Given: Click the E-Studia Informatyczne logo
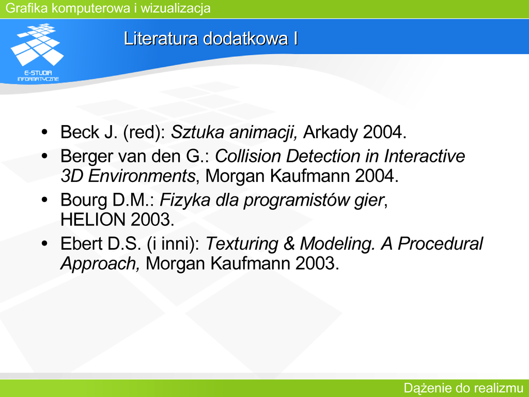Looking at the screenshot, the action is pyautogui.click(x=37, y=52).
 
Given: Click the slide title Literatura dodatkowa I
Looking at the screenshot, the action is pyautogui.click(x=211, y=38).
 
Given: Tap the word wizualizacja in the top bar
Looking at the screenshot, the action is pyautogui.click(x=176, y=8).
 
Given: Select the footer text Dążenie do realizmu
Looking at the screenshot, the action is pyautogui.click(x=463, y=388).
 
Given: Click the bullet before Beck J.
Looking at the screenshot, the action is pyautogui.click(x=44, y=132).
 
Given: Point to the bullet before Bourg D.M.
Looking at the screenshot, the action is pyautogui.click(x=44, y=200).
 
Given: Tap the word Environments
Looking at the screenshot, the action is pyautogui.click(x=142, y=176).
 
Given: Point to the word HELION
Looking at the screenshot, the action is pyautogui.click(x=93, y=220).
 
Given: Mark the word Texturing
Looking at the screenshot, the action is pyautogui.click(x=242, y=244).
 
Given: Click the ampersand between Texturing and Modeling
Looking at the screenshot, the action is pyautogui.click(x=289, y=244).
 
